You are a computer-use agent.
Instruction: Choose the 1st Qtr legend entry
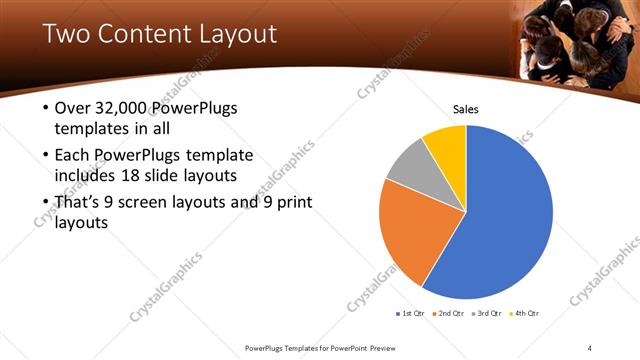pos(411,314)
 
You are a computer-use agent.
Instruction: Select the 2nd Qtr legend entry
pos(449,314)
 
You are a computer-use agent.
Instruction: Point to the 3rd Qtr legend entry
pos(487,314)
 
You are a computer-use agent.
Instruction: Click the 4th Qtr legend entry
pos(524,314)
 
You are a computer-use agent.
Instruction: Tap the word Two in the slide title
pos(64,34)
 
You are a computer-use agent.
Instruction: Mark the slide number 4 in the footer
pos(591,347)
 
